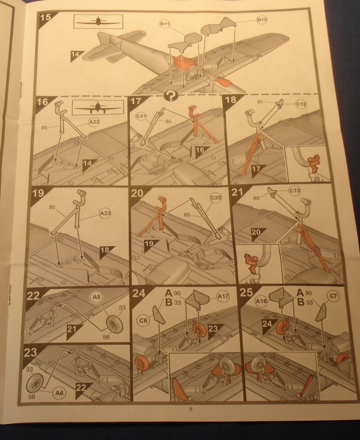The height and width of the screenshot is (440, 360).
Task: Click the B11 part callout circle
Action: pyautogui.click(x=165, y=24)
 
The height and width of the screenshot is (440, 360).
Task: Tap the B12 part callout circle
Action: pyautogui.click(x=262, y=20)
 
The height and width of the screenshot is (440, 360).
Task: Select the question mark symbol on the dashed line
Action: pyautogui.click(x=171, y=96)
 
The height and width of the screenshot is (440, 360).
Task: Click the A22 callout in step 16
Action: pyautogui.click(x=94, y=122)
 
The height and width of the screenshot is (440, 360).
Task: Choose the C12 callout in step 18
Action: pyautogui.click(x=301, y=104)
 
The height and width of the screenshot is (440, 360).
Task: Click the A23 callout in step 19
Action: pyautogui.click(x=105, y=213)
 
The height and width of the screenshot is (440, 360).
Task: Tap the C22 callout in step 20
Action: pyautogui.click(x=216, y=198)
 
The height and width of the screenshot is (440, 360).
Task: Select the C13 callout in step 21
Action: pyautogui.click(x=295, y=191)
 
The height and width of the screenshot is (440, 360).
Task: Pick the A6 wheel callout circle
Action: pyautogui.click(x=59, y=393)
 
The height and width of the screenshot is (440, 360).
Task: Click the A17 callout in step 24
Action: pyautogui.click(x=223, y=296)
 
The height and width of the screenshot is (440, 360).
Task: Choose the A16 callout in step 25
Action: pyautogui.click(x=261, y=301)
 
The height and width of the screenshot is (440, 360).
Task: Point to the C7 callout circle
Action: pyautogui.click(x=333, y=296)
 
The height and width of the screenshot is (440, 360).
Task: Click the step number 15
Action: pyautogui.click(x=46, y=17)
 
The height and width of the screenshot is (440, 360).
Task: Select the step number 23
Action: pyautogui.click(x=30, y=352)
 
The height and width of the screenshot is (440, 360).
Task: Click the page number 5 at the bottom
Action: pyautogui.click(x=191, y=409)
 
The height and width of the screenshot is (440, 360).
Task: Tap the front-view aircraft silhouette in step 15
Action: pyautogui.click(x=98, y=22)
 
